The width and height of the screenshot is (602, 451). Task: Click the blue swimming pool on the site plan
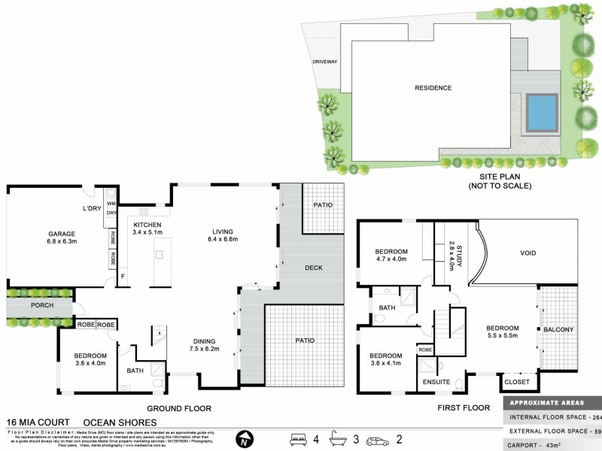[542, 112]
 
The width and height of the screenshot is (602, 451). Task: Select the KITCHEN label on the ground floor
[148, 225]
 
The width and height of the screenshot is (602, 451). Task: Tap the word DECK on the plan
[315, 268]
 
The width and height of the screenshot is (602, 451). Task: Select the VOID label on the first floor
[529, 253]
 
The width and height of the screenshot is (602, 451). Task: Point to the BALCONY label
[559, 329]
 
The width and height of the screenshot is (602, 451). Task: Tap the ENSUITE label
[436, 382]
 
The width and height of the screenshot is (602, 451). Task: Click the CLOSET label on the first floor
[518, 382]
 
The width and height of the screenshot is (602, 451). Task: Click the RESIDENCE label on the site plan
[433, 88]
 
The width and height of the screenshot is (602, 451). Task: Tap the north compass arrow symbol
[242, 438]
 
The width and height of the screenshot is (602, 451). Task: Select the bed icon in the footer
[299, 438]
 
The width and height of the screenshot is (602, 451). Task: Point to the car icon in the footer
[376, 438]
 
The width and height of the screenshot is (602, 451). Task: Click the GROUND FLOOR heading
[178, 408]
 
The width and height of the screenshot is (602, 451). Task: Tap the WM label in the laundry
[111, 203]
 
